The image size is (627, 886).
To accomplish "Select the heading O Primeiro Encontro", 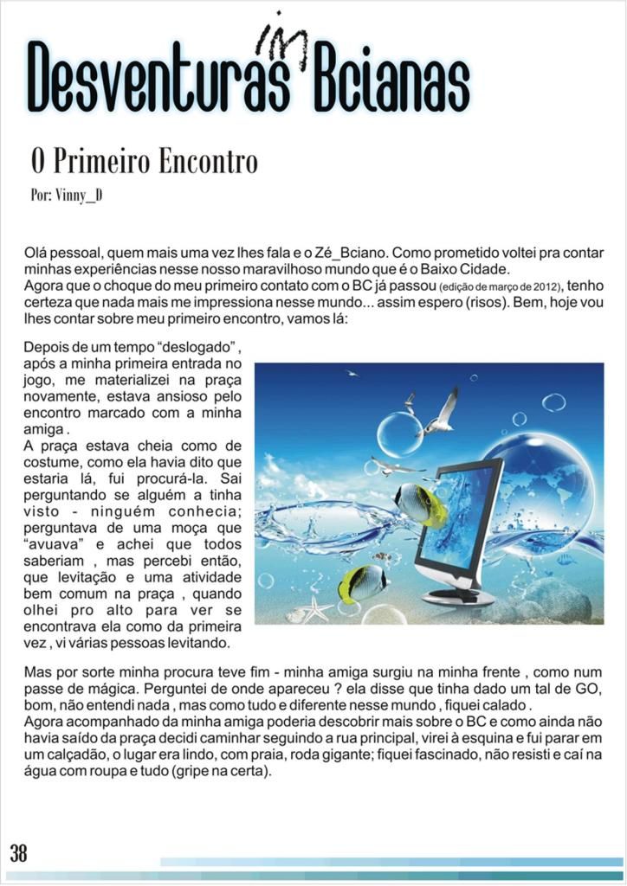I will [144, 162].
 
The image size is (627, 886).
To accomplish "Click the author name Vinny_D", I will [67, 195].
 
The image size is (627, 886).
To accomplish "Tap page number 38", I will [19, 853].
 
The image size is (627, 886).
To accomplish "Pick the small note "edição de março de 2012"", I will [501, 286].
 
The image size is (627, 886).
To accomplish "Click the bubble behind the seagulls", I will [400, 433].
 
